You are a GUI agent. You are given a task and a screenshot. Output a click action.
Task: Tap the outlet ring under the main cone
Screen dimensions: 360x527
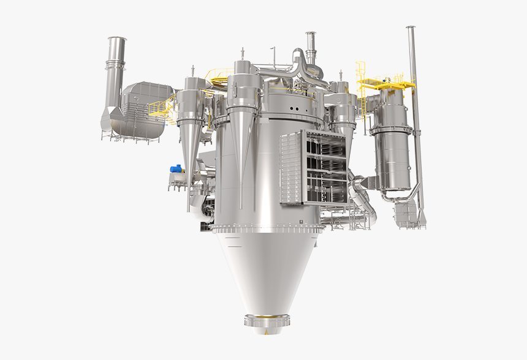point(267,320)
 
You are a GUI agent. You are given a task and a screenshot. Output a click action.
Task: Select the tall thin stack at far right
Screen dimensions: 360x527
point(415,116)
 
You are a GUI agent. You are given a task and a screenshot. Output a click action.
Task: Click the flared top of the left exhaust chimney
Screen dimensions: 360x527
point(117,43)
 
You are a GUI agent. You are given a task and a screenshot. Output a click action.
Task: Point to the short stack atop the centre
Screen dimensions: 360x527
point(311,46)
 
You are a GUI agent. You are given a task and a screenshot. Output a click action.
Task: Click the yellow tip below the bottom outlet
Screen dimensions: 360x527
point(268,333)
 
